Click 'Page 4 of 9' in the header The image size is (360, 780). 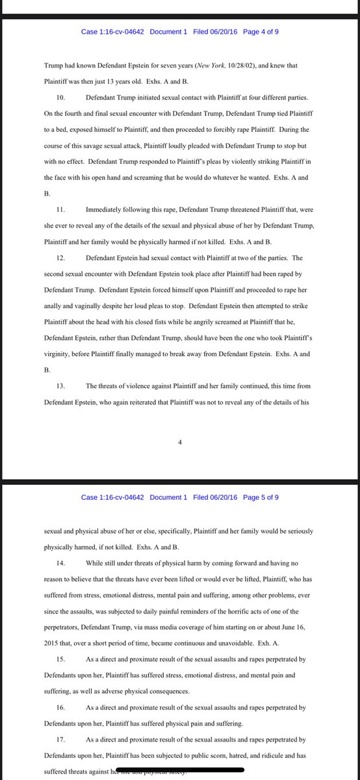pyautogui.click(x=261, y=31)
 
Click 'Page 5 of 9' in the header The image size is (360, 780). pyautogui.click(x=261, y=497)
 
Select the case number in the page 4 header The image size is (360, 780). pyautogui.click(x=112, y=31)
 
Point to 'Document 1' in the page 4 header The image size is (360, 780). pyautogui.click(x=168, y=31)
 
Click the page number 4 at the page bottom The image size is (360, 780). pyautogui.click(x=180, y=443)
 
